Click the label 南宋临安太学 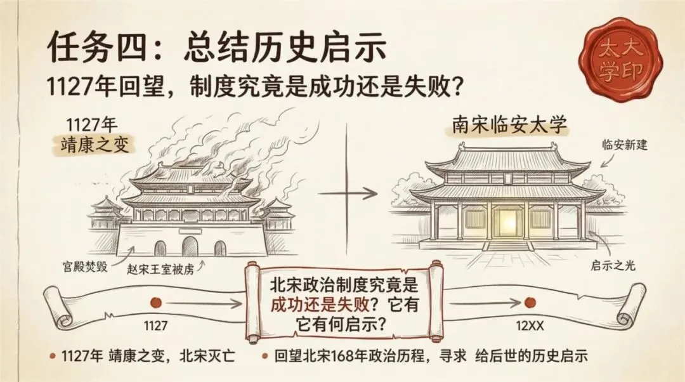coord(511,126)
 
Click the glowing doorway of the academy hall coord(506,221)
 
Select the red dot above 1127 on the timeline coord(156,303)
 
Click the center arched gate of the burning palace coord(190,246)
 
